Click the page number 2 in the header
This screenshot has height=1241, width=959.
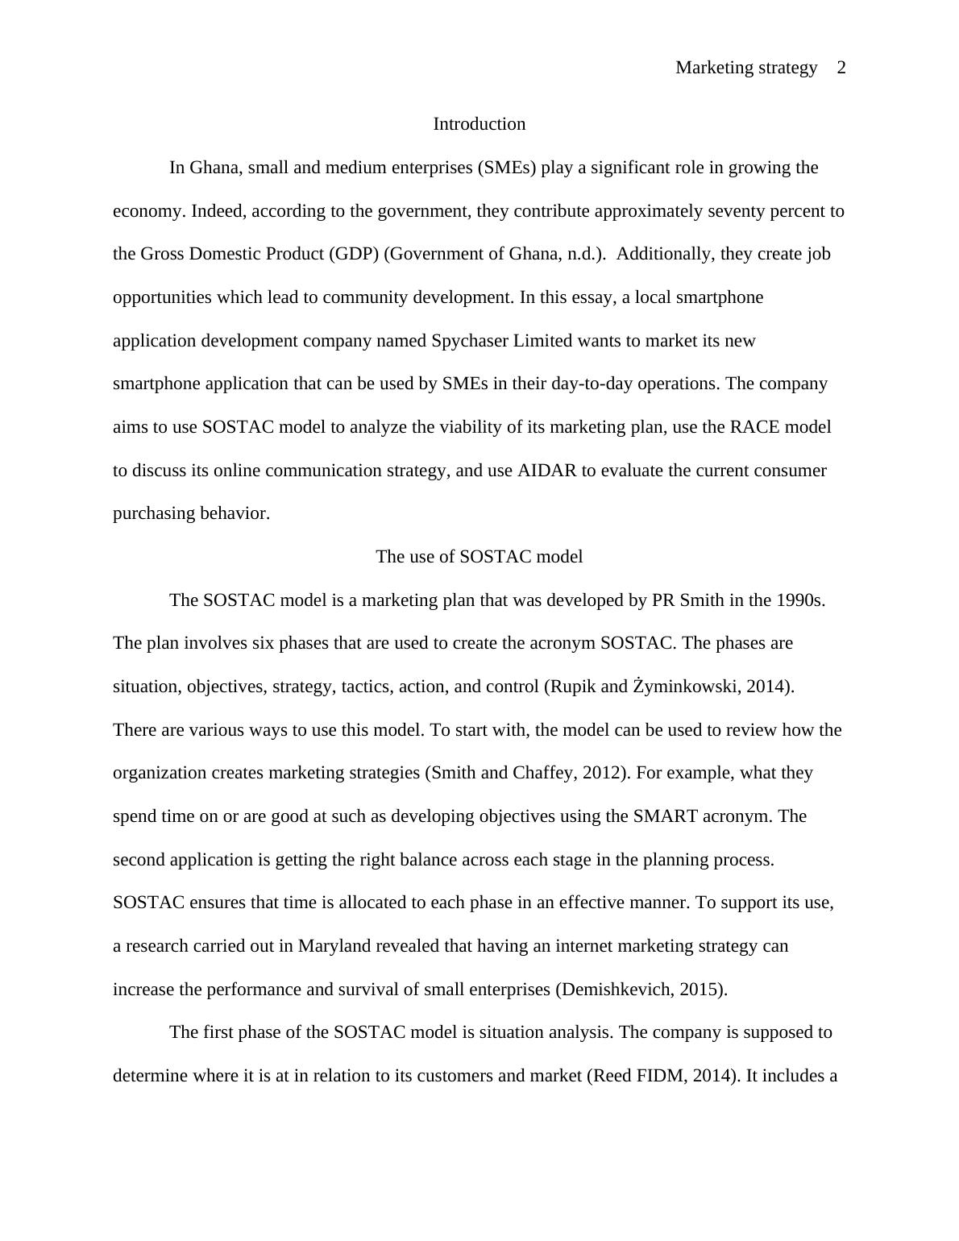[841, 68]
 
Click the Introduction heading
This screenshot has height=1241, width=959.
[479, 124]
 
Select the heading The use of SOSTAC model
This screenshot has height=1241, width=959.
[479, 557]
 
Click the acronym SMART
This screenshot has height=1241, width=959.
[665, 816]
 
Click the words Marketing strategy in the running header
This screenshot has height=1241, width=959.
[746, 68]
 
